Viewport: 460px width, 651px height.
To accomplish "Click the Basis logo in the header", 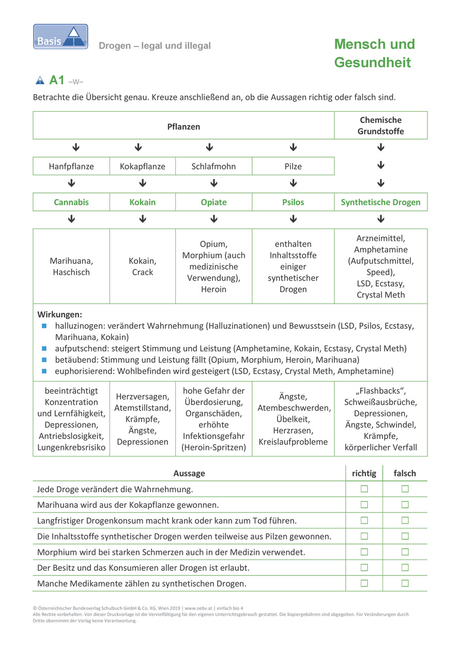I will [x=60, y=37].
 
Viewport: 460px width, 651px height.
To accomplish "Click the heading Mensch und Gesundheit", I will [x=374, y=53].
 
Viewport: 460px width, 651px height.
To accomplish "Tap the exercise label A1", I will [x=57, y=80].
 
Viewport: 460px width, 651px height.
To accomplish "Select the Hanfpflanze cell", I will [x=71, y=166].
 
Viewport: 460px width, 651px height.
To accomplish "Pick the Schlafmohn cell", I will [x=213, y=166].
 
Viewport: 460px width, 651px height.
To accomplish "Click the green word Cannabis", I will [x=71, y=202].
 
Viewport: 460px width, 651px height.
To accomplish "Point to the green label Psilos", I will [x=293, y=202].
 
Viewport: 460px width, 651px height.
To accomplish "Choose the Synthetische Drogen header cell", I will [x=380, y=202].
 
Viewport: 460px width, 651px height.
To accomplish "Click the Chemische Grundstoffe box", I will [x=380, y=126].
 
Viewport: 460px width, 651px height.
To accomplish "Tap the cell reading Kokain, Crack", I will [x=143, y=266].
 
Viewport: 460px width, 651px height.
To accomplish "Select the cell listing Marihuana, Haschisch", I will [x=71, y=266].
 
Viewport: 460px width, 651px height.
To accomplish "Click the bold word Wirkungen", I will [x=60, y=314].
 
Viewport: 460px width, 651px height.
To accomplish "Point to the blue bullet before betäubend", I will [x=44, y=360].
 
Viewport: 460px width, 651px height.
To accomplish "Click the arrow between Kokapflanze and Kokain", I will [x=143, y=183].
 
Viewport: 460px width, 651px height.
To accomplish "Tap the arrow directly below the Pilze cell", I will [x=293, y=183].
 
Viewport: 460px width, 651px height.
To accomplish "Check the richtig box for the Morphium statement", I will [x=364, y=552].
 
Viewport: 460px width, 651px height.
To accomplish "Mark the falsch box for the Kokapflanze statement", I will [x=405, y=504].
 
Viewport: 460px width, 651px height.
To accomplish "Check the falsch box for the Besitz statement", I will [x=405, y=567].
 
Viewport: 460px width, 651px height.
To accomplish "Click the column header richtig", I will [x=364, y=473].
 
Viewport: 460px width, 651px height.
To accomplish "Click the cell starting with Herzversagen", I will [x=143, y=419].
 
